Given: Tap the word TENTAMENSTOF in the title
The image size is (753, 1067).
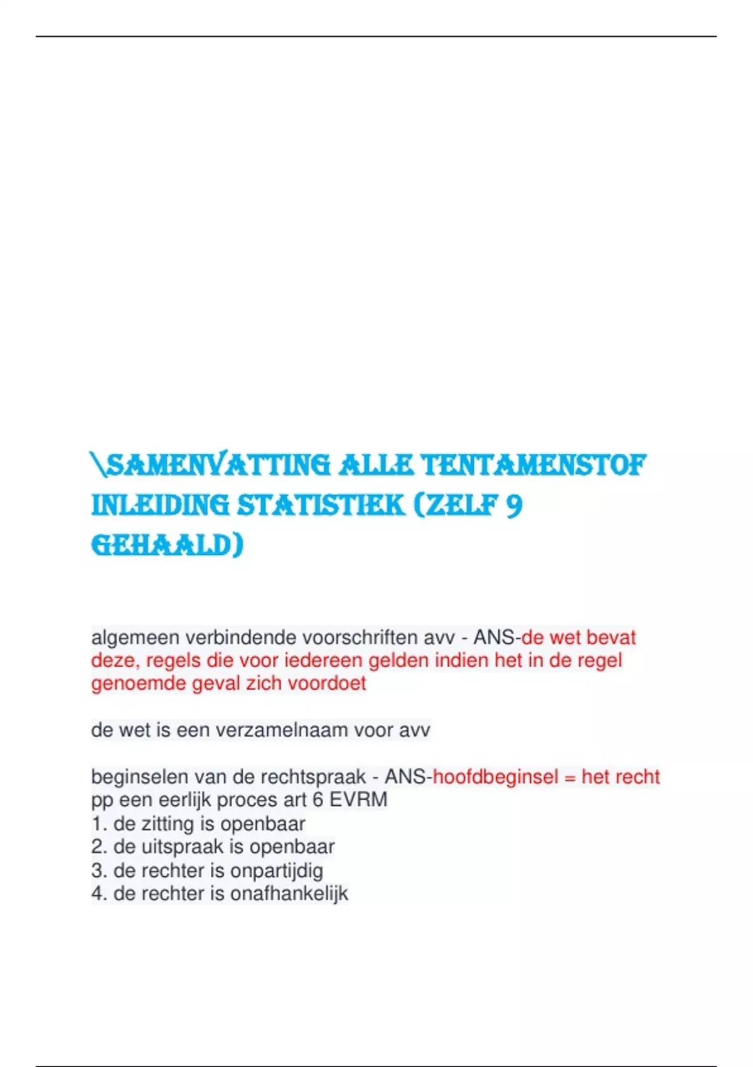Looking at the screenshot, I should pyautogui.click(x=533, y=466).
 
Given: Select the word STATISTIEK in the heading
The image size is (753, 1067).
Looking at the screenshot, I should pyautogui.click(x=321, y=505).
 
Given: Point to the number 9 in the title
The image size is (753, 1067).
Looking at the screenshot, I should pyautogui.click(x=514, y=505).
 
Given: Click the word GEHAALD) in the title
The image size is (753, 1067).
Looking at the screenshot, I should pyautogui.click(x=167, y=545).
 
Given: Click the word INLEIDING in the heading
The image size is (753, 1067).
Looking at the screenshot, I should pyautogui.click(x=160, y=505).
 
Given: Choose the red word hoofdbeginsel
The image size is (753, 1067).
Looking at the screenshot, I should pyautogui.click(x=496, y=777).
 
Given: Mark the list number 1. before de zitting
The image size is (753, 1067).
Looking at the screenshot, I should pyautogui.click(x=99, y=823).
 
